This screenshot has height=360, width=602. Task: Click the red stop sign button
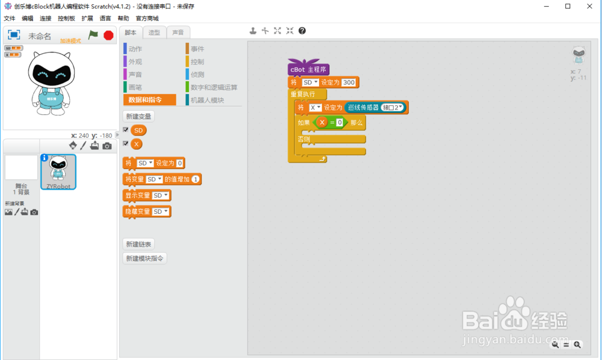click(108, 36)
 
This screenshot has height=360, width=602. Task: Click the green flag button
click(93, 36)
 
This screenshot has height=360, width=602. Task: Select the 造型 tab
click(154, 33)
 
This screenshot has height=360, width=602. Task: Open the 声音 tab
click(178, 33)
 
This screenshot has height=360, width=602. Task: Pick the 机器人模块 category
click(207, 100)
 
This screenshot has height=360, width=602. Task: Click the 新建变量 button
click(138, 116)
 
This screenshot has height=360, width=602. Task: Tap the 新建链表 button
click(138, 244)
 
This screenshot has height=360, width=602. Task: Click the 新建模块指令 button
click(144, 258)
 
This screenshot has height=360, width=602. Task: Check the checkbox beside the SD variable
click(126, 130)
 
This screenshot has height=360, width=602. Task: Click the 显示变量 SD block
click(146, 196)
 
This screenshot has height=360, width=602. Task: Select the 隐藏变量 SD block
click(146, 211)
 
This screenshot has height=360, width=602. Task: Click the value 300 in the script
click(349, 82)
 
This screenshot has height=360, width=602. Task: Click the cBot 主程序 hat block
click(308, 70)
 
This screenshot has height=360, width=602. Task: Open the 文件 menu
click(10, 19)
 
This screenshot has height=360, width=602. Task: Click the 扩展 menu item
click(87, 19)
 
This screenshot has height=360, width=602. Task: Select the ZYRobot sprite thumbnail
click(58, 171)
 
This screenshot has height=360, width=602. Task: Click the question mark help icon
click(302, 31)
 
